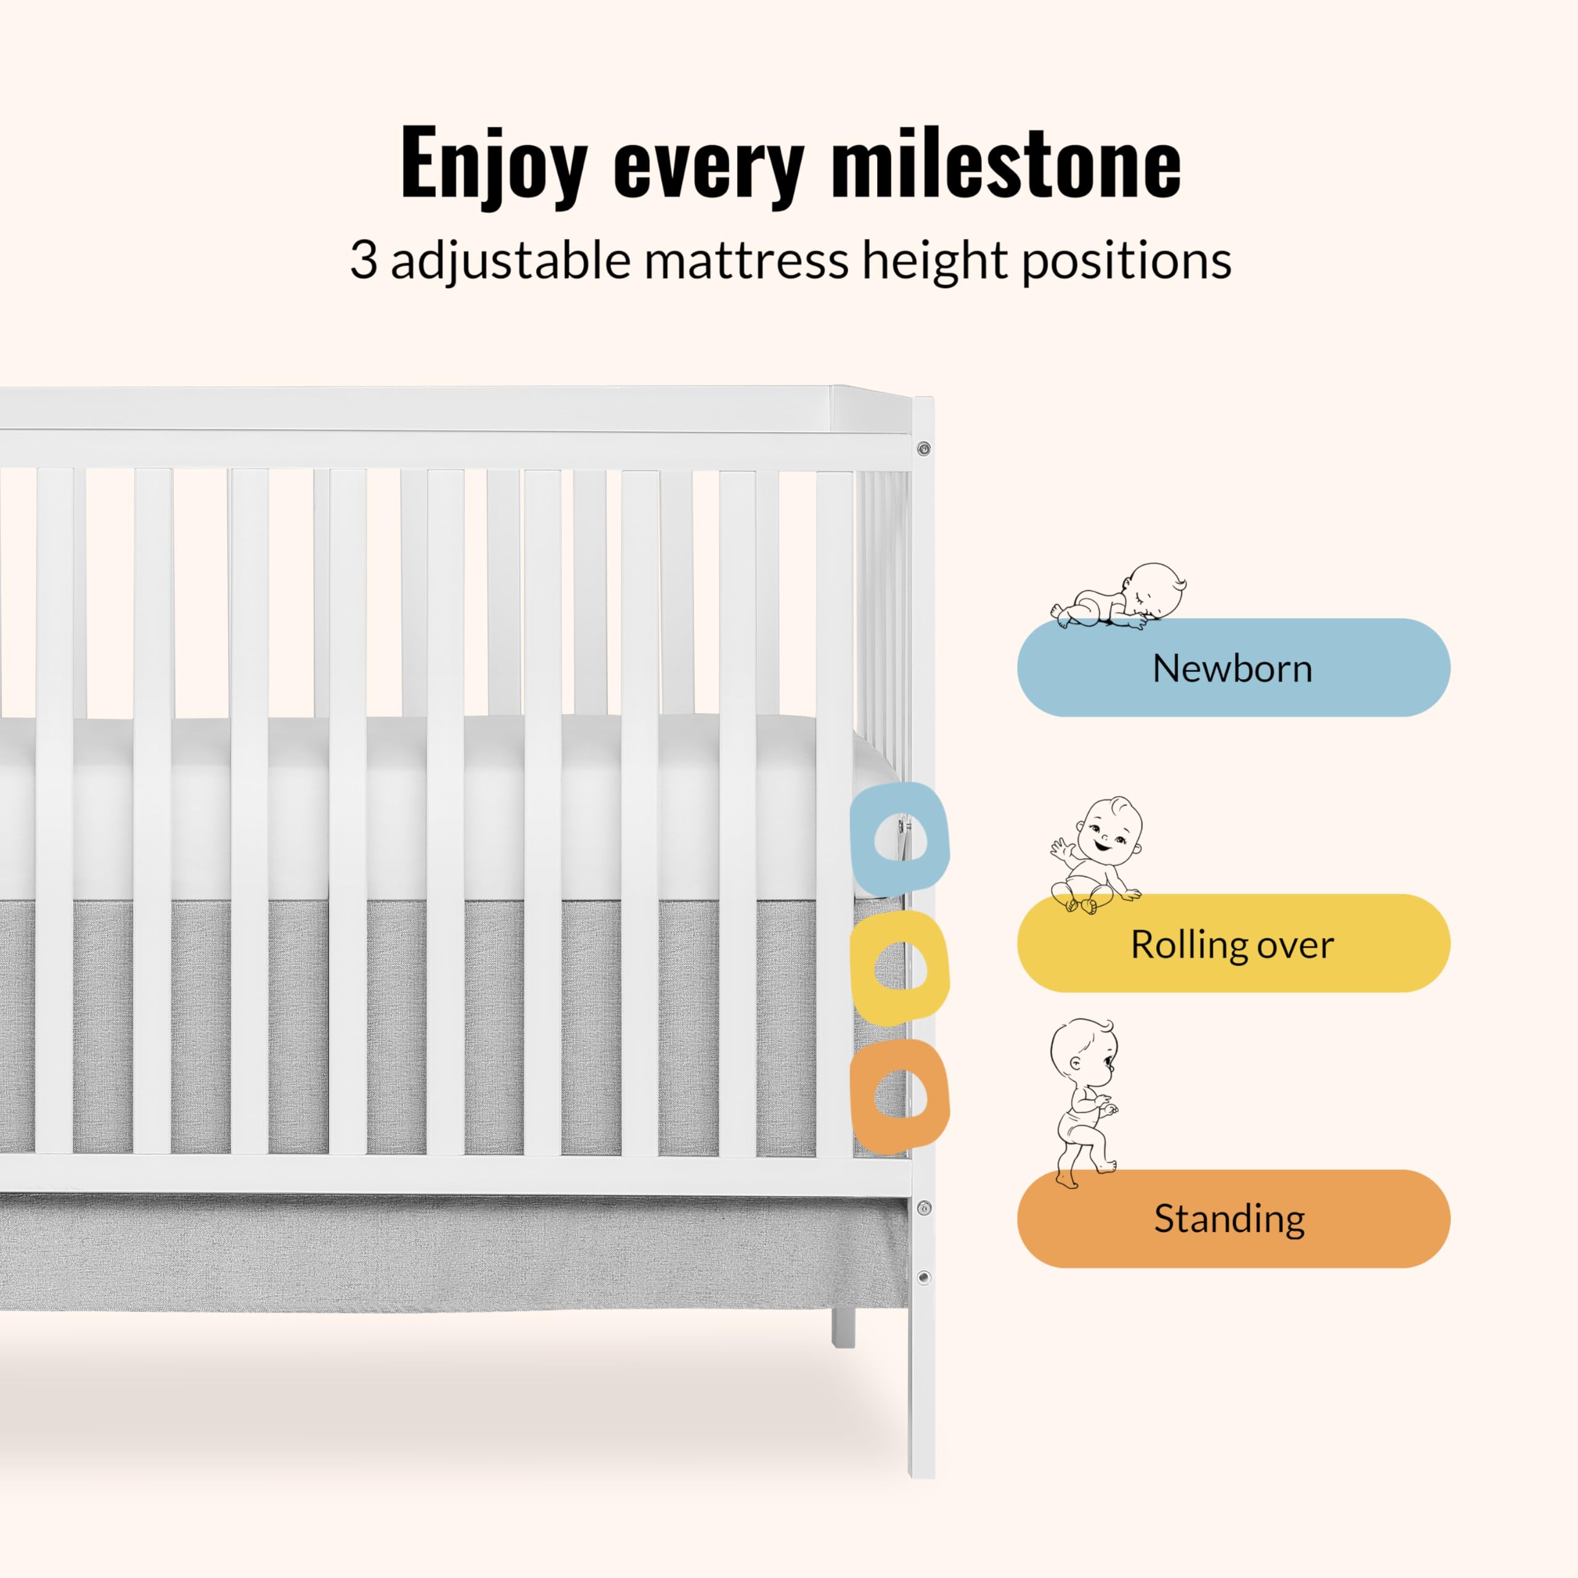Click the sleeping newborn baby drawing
pyautogui.click(x=1118, y=596)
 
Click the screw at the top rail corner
pyautogui.click(x=924, y=448)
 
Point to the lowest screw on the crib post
pyautogui.click(x=924, y=1277)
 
